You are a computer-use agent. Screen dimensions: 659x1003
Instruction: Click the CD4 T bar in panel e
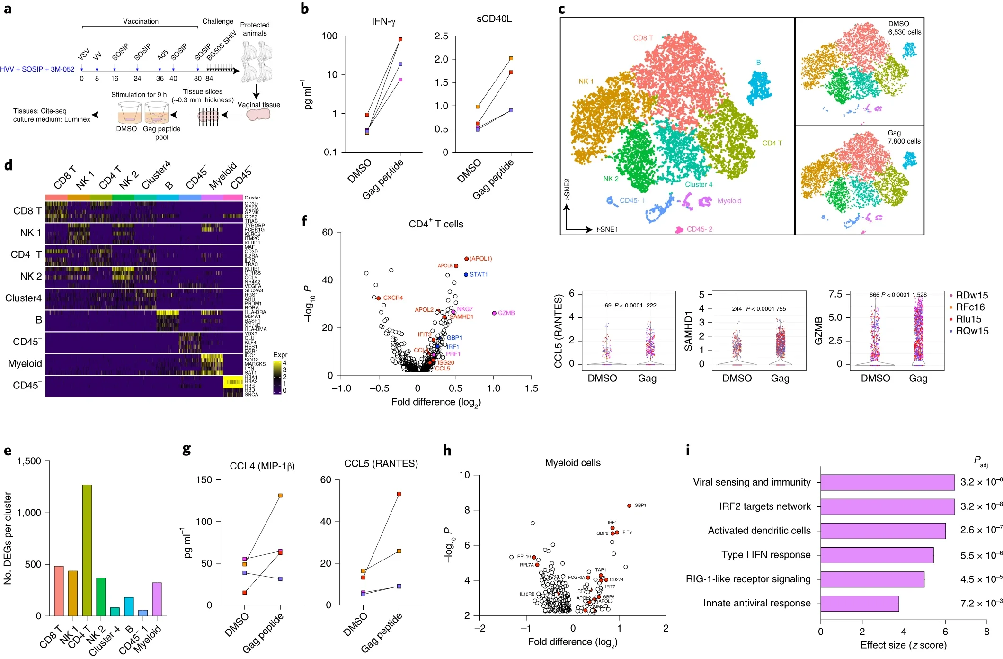87,550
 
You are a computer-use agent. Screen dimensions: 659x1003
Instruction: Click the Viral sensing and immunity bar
887,482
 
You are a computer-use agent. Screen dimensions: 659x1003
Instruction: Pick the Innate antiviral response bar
859,603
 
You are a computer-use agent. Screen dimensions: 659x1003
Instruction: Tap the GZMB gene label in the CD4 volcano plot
506,313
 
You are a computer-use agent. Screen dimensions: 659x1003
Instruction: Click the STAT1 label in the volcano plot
479,275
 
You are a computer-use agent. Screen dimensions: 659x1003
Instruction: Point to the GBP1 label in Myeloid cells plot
640,506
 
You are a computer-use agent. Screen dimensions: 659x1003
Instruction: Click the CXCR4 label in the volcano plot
393,298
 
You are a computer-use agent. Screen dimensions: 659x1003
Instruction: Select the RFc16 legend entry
970,307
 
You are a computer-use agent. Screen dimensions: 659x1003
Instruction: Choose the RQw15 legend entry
972,331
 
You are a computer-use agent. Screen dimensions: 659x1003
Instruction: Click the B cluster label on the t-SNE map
758,63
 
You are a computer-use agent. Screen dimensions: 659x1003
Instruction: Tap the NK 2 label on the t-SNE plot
611,179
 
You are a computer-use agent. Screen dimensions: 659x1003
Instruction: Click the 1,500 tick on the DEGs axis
29,461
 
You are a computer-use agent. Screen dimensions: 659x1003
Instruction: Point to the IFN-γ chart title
383,22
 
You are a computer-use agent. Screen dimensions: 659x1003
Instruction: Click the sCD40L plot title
494,19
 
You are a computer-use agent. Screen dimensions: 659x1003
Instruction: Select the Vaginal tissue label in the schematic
258,105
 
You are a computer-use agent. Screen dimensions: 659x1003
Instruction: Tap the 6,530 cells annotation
905,32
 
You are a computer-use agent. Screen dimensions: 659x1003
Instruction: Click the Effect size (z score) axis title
903,645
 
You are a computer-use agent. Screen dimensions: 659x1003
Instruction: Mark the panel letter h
447,451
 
